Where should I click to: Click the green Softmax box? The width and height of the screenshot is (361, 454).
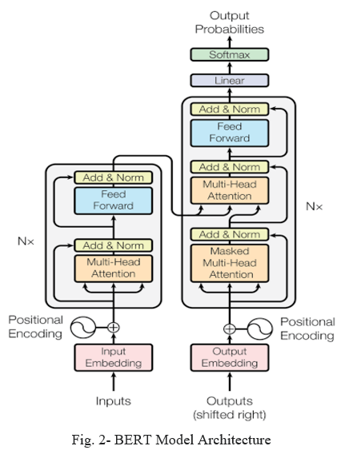coord(230,54)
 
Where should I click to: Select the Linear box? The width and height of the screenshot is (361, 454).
coord(230,81)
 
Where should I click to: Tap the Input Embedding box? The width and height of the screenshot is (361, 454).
coord(114,357)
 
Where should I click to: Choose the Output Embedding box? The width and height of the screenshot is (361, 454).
coord(230,357)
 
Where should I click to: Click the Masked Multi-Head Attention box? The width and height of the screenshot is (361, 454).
coord(230,263)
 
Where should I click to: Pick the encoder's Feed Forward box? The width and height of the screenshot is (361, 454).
coord(114,201)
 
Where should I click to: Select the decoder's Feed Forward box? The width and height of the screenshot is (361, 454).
coord(230,133)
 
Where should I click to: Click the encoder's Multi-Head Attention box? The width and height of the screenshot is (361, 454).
coord(114,268)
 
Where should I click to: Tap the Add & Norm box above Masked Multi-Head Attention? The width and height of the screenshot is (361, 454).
coord(230,234)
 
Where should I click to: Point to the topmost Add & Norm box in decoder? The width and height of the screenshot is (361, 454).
coord(230,110)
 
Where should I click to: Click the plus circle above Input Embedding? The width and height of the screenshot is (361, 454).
coord(114,328)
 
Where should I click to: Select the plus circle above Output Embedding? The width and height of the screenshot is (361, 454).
coord(230,329)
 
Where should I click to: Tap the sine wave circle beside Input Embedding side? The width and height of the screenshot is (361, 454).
coord(83,328)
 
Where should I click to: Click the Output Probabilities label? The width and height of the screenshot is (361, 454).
coord(230,22)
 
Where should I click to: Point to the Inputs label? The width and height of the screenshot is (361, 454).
coord(114,401)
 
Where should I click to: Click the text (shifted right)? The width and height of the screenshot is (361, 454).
coord(230,415)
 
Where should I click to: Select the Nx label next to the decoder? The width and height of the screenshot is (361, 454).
coord(314,206)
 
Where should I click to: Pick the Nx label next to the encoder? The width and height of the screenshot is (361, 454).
coord(26,241)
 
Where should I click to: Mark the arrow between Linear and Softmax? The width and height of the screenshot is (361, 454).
coord(230,68)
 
